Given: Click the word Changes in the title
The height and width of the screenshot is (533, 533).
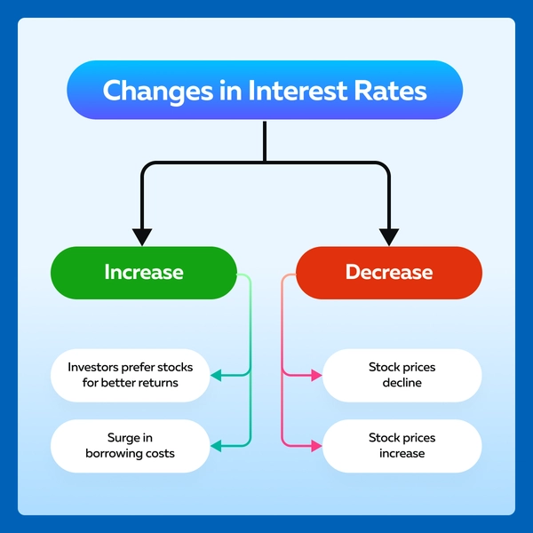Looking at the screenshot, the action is click(x=158, y=91).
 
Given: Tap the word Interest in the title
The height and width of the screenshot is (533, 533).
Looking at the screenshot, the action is click(x=298, y=91).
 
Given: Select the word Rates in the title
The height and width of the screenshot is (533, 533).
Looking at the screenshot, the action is click(x=390, y=91).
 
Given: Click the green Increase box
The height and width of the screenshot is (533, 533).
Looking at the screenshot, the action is click(x=144, y=273).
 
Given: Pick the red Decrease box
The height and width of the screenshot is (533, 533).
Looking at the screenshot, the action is click(x=389, y=273).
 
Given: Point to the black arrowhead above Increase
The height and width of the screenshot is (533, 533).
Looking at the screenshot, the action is click(x=142, y=237).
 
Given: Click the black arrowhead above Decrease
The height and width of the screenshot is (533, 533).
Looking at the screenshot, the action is click(x=389, y=237).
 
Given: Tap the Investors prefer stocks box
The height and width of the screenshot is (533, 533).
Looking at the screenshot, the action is click(x=131, y=375).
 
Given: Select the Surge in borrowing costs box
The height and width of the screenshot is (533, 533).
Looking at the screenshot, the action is click(x=131, y=446).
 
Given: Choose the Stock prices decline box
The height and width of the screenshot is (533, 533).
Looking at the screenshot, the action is click(x=402, y=375).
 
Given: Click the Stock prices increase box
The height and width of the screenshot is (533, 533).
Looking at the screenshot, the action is click(x=402, y=446).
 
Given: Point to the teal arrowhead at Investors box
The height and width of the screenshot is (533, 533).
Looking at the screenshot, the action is click(x=216, y=375).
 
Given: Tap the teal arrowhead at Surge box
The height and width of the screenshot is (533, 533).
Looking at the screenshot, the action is click(x=216, y=446).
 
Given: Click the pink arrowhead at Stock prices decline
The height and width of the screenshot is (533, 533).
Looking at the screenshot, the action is click(x=316, y=375).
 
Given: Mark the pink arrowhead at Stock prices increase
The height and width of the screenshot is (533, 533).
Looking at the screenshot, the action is click(x=316, y=446).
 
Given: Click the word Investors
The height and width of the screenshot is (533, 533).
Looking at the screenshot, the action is click(x=93, y=367).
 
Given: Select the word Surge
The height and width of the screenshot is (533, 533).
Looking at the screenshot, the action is click(x=121, y=438).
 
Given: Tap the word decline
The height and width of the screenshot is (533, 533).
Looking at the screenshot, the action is click(x=402, y=383).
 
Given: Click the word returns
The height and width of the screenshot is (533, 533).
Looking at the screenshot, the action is click(x=157, y=383).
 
